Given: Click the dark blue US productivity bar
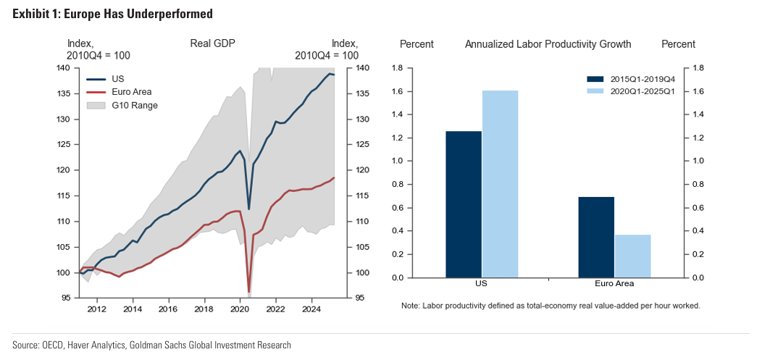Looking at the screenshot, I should click(x=464, y=204).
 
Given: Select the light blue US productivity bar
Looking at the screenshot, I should click(x=501, y=184).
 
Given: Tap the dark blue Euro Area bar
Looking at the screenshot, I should click(x=597, y=237).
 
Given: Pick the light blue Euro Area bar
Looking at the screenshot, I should click(x=633, y=256).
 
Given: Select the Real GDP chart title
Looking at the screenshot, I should click(x=212, y=44).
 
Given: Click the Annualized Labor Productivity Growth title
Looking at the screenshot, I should click(x=548, y=44).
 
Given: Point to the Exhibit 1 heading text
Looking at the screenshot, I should click(x=112, y=14).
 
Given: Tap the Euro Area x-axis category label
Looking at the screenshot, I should click(x=614, y=284).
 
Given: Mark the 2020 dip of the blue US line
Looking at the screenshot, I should click(x=249, y=209).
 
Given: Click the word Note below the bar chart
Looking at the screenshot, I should click(x=411, y=306).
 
